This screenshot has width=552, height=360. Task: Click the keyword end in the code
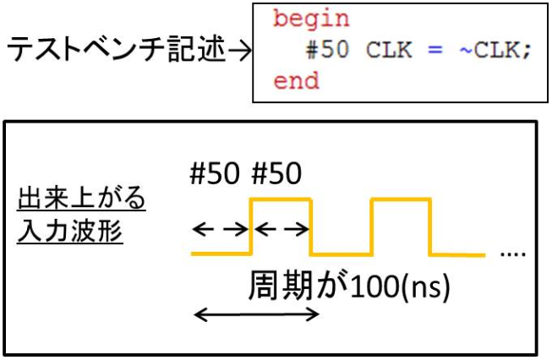click(x=296, y=81)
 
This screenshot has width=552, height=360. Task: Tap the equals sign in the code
click(x=435, y=50)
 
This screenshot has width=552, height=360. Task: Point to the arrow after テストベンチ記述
click(x=240, y=51)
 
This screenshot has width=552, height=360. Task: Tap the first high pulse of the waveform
click(x=281, y=200)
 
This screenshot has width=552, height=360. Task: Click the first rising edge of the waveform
click(x=251, y=226)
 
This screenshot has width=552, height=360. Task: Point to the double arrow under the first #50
click(x=221, y=229)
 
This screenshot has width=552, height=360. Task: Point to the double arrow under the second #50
click(x=281, y=229)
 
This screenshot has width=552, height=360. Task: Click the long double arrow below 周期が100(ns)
click(x=257, y=315)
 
